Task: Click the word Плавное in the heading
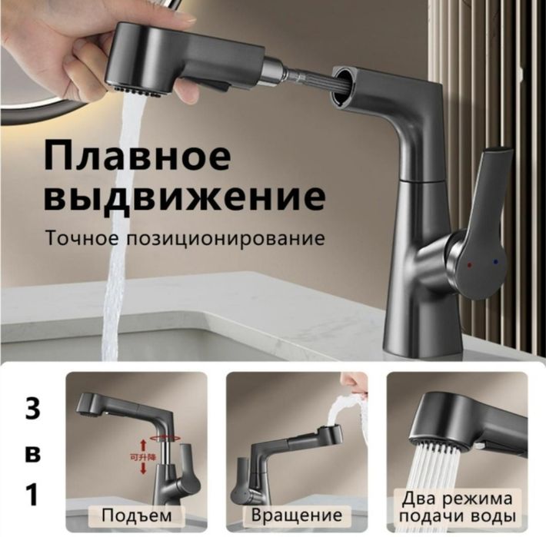pyautogui.click(x=137, y=157)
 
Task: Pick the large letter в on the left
pyautogui.click(x=32, y=453)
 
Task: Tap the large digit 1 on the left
pyautogui.click(x=32, y=496)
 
